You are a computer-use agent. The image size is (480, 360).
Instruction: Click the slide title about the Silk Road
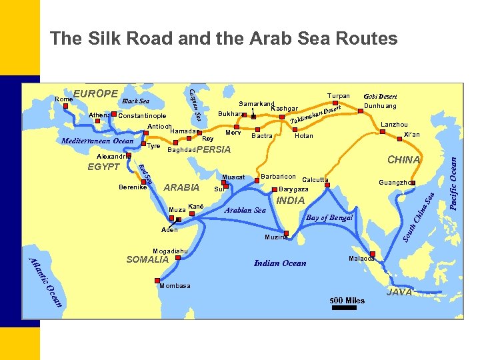pos(223,39)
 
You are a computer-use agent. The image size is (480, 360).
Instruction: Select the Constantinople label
pos(141,116)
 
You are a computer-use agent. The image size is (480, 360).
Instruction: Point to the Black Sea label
pos(135,101)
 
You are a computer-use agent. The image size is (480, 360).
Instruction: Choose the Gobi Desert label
pos(381,96)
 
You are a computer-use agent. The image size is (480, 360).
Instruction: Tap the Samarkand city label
pos(257,104)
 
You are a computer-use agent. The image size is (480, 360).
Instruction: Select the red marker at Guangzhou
pos(413,183)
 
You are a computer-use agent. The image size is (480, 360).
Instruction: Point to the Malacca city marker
pos(373,254)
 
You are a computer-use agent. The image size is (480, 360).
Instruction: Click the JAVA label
pos(399,293)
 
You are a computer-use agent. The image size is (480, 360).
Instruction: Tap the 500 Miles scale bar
pos(347,307)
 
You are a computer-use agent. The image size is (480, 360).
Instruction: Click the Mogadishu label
pos(171,251)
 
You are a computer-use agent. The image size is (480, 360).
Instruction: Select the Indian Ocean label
pos(280,263)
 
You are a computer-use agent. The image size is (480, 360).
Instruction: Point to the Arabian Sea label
pos(245,210)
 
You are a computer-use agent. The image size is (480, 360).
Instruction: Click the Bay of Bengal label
pos(329,218)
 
